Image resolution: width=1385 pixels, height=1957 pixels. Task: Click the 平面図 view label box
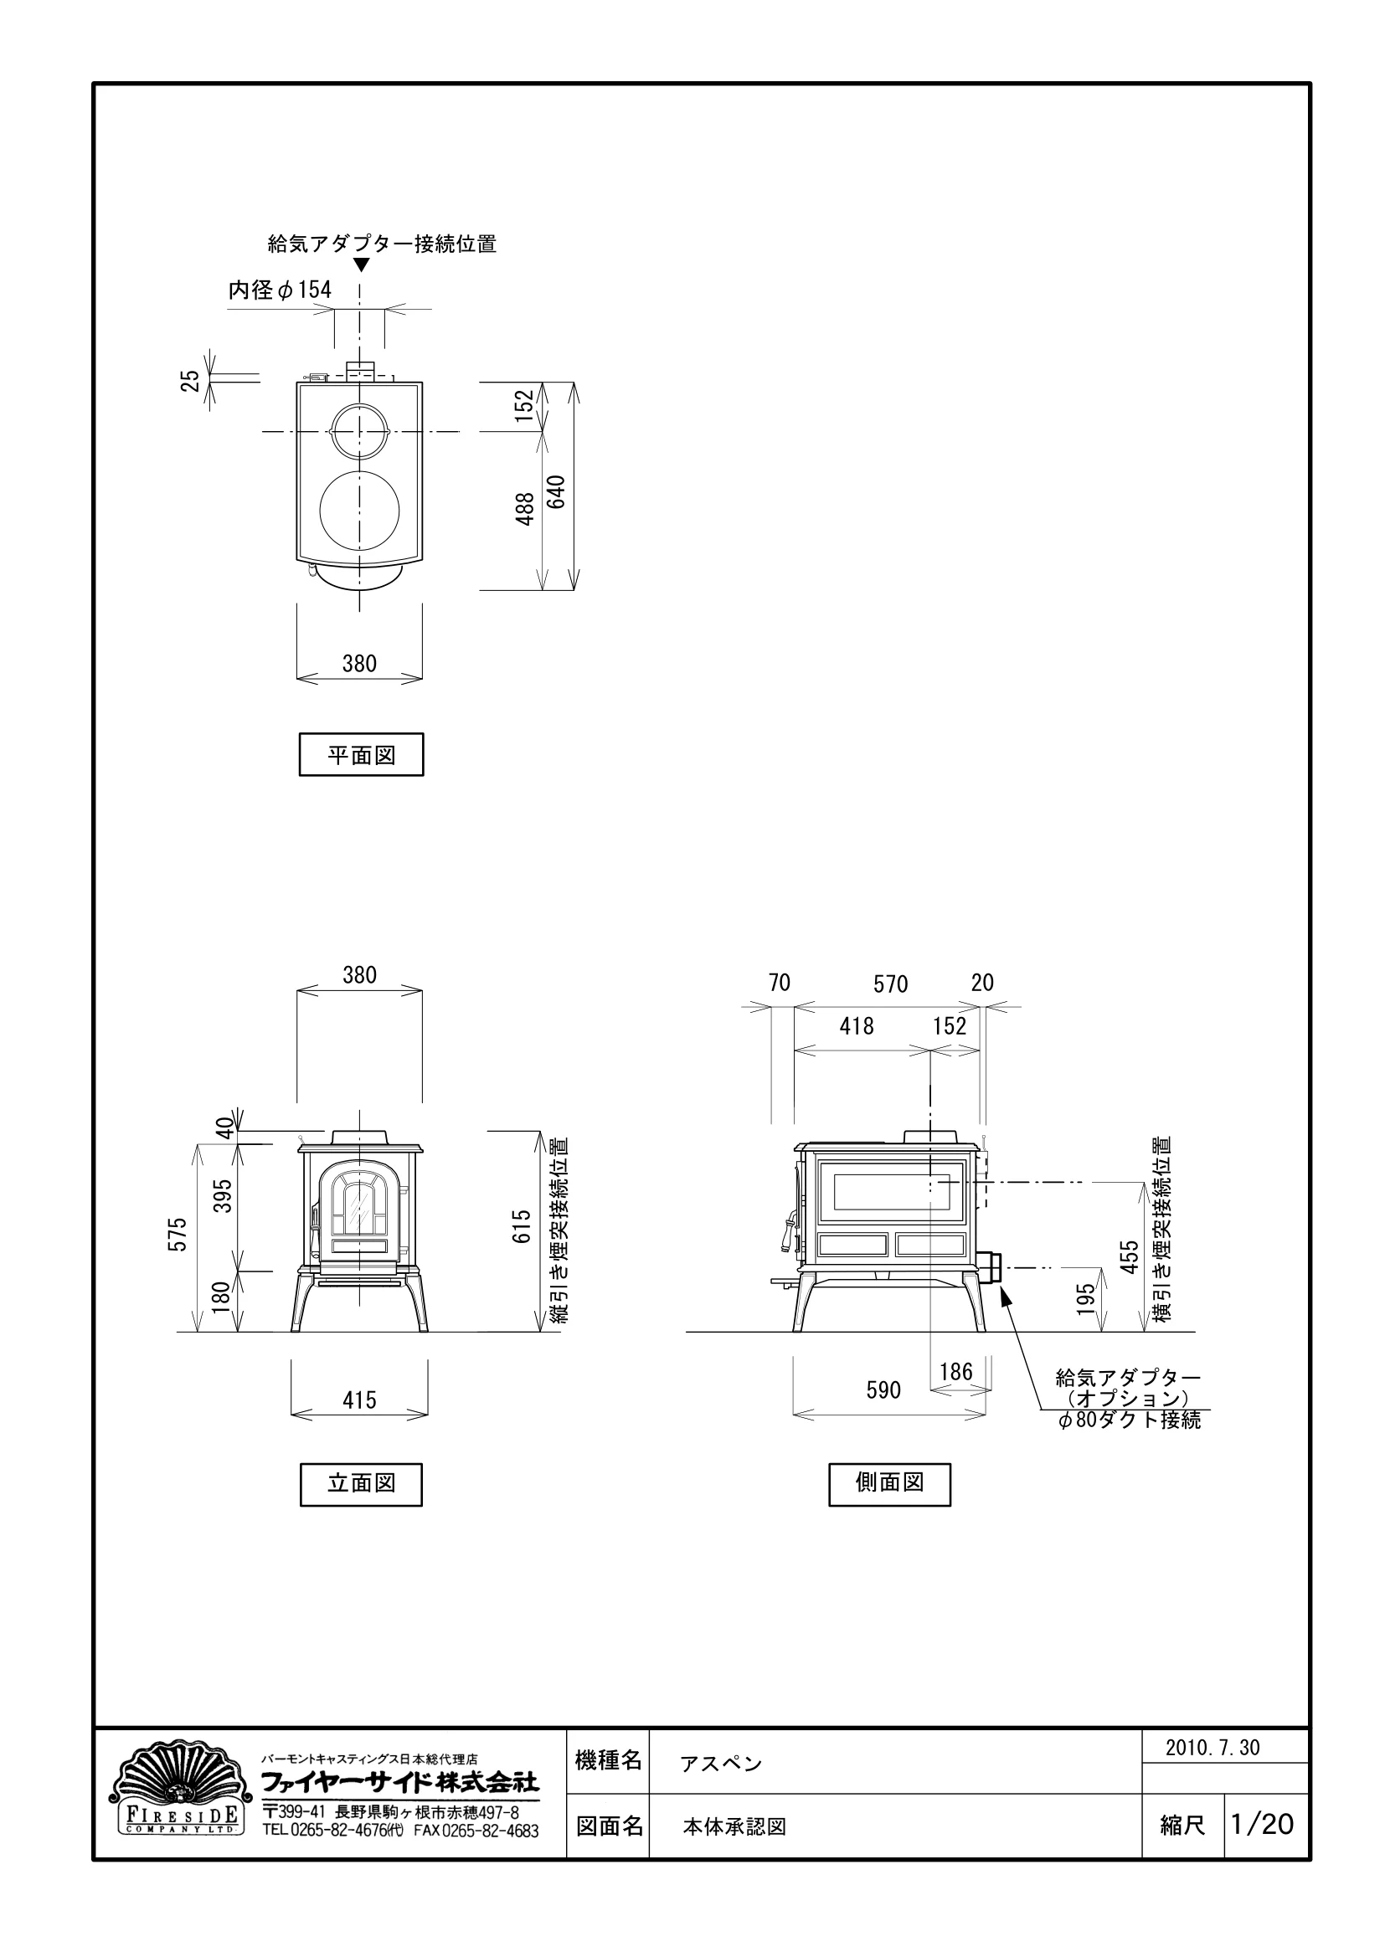tap(361, 754)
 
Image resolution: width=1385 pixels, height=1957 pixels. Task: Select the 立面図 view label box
tap(361, 1483)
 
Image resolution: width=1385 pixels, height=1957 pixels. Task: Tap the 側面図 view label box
tap(889, 1483)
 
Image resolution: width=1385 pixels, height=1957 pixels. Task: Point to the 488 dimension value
tap(525, 509)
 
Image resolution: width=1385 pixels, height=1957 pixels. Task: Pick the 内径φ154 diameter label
tap(280, 290)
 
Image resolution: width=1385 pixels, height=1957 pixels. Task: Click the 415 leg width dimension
tap(359, 1400)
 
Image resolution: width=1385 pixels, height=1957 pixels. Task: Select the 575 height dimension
tap(178, 1234)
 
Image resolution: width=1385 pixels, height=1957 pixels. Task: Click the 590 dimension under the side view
tap(883, 1390)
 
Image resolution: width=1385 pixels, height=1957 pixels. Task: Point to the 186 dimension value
tap(956, 1371)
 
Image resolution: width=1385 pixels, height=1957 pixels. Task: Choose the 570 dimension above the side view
tap(890, 984)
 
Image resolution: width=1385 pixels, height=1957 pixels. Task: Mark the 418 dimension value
tap(857, 1026)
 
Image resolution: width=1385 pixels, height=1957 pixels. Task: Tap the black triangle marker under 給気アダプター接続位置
tap(361, 265)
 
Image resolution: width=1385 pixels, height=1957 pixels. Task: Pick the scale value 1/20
tap(1262, 1824)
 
